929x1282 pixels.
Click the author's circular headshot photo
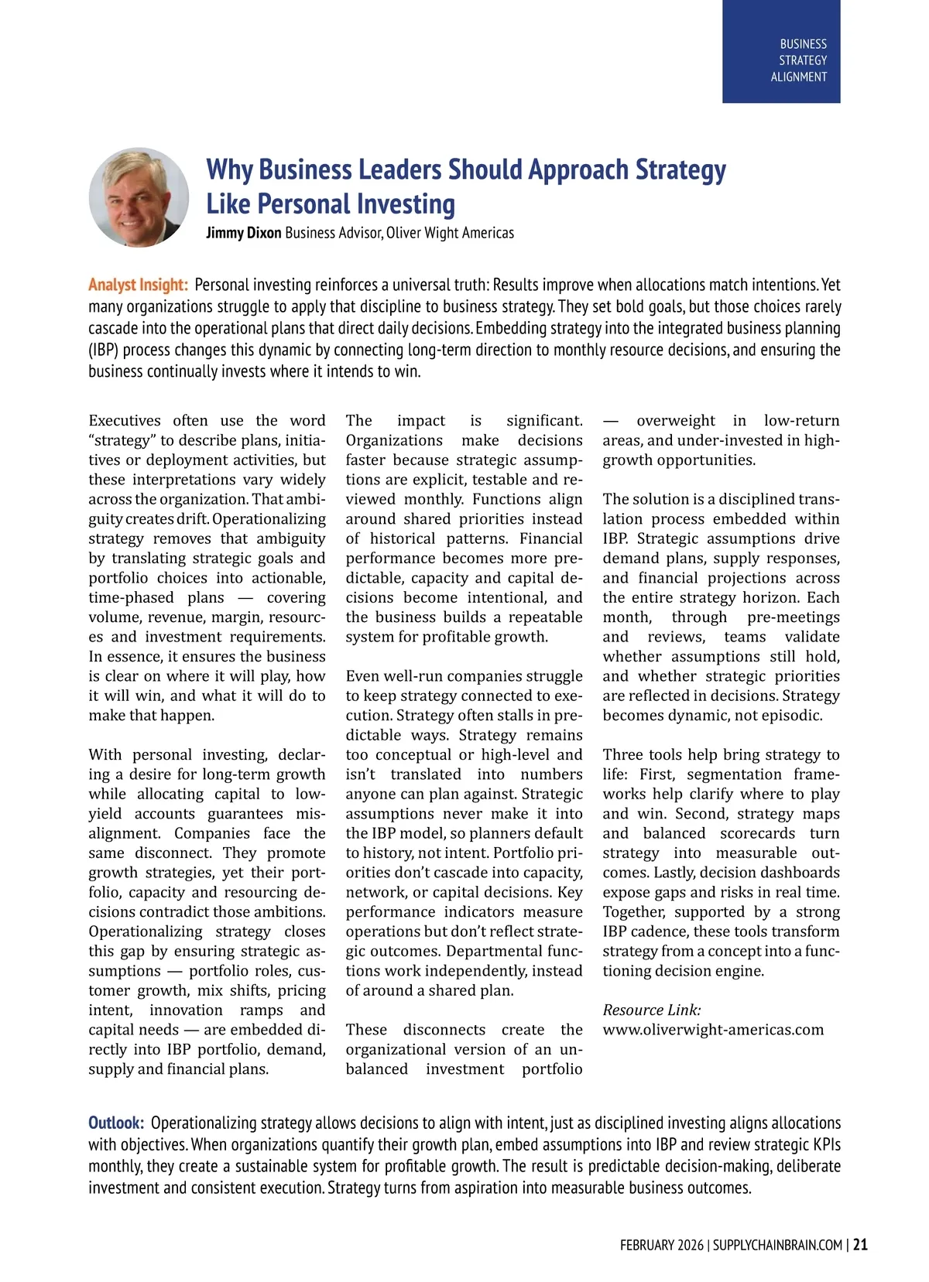(x=139, y=197)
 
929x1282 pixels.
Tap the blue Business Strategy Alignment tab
(x=780, y=52)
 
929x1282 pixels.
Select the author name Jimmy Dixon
(x=243, y=233)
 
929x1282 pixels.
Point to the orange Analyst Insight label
(x=138, y=285)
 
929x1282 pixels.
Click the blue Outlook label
(x=116, y=1123)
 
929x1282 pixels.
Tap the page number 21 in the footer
(x=860, y=1245)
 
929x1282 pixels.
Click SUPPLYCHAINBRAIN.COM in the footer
(x=777, y=1245)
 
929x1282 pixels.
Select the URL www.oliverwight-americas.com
(x=713, y=1030)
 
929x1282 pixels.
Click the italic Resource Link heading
(x=652, y=1010)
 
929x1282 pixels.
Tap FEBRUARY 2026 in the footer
(x=661, y=1245)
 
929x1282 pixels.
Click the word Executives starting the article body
(x=125, y=421)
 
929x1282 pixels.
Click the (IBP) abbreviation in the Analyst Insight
(x=102, y=350)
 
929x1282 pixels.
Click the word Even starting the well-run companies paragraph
(x=362, y=676)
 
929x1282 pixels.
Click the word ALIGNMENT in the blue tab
(x=798, y=77)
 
